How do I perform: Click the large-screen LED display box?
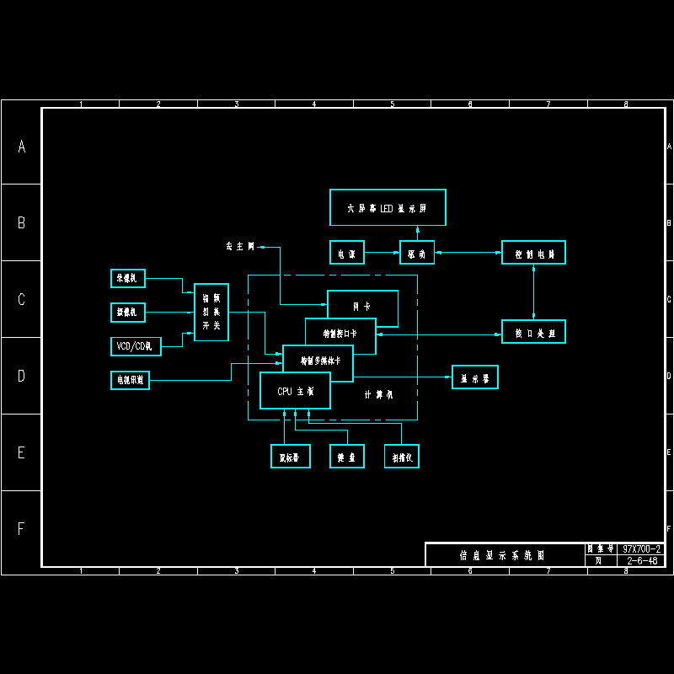point(387,207)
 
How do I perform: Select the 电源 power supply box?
point(346,253)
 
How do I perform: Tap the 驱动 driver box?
point(417,253)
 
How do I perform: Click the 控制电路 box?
point(533,253)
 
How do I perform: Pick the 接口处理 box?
point(533,332)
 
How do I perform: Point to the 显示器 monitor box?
point(475,377)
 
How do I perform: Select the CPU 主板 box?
point(295,391)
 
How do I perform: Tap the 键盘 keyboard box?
point(346,457)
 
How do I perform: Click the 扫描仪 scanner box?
point(402,457)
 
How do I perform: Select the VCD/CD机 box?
point(136,346)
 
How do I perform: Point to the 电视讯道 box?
point(130,381)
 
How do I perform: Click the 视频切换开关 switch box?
point(211,313)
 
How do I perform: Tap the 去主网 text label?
point(239,247)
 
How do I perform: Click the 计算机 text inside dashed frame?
point(378,394)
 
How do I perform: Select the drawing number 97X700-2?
point(642,548)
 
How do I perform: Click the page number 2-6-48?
point(642,560)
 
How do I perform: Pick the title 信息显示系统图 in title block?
point(502,555)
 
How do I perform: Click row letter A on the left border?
point(22,147)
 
